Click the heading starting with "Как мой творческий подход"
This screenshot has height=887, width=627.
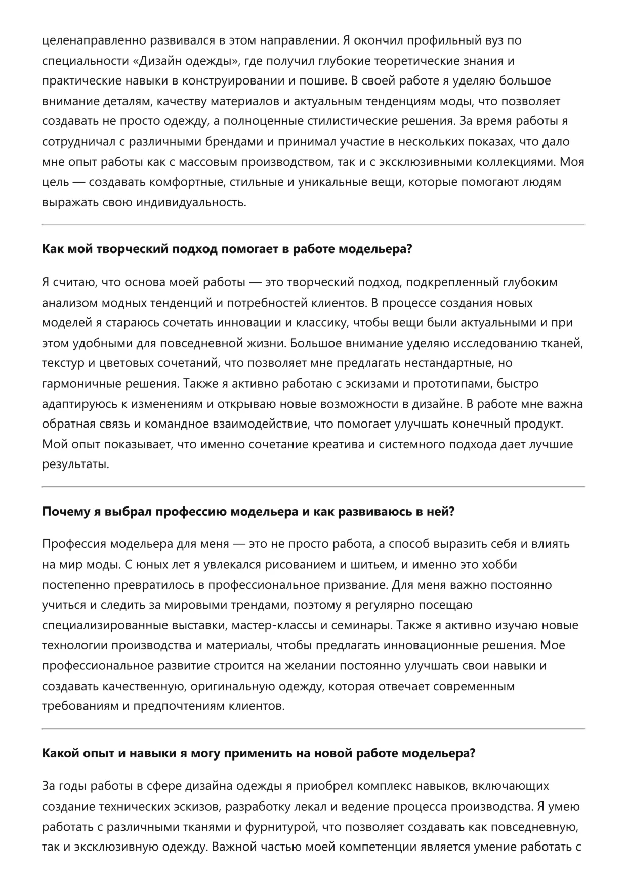[227, 249]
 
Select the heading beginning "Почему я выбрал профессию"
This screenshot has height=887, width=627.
[248, 512]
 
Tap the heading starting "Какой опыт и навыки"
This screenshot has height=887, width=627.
[259, 753]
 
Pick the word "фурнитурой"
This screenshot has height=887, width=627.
[276, 827]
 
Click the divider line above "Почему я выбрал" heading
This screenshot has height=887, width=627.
[313, 487]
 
